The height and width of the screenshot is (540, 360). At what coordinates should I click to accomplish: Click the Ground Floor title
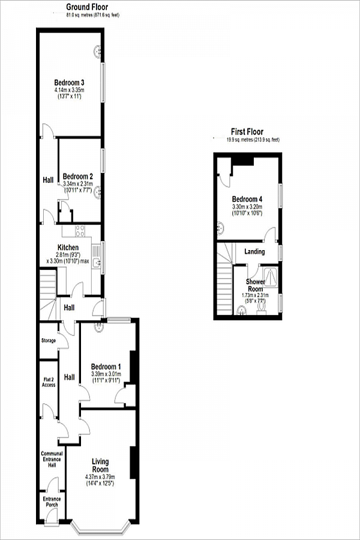pos(86,7)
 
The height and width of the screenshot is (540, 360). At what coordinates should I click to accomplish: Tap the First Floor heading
pos(247,132)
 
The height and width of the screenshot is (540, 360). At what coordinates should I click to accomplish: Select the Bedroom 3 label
pos(69,82)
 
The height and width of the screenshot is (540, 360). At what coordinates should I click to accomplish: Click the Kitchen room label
pos(68,248)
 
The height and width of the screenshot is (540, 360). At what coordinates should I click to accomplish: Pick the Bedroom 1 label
pos(106,367)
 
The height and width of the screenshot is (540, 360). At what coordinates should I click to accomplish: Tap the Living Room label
pos(100,465)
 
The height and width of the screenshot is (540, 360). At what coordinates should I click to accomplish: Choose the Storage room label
pos(49,341)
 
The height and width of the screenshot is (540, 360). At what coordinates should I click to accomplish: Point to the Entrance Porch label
pos(52,502)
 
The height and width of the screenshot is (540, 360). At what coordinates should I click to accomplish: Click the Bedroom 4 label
pos(247,199)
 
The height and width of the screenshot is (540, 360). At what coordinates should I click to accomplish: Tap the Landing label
pos(254,251)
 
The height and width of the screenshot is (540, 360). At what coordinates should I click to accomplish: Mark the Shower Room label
pos(256,285)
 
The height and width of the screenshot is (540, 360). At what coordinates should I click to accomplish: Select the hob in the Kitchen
pos(80,231)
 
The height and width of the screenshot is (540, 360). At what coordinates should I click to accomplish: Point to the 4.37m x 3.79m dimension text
pos(100,477)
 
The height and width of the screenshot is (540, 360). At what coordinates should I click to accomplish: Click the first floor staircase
pos(224,282)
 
